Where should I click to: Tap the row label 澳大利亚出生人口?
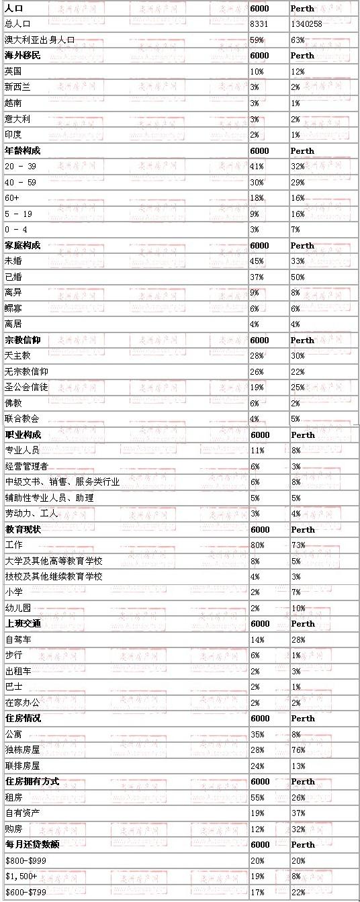(39, 40)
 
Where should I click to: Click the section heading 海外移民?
(22, 55)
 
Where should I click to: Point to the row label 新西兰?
(17, 87)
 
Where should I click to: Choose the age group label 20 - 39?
(21, 166)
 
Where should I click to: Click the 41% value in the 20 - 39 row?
(257, 166)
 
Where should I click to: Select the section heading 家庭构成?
(22, 245)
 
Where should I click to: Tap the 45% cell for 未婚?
(257, 261)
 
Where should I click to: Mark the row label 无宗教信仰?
(26, 371)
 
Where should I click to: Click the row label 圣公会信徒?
(26, 388)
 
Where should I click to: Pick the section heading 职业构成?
(23, 435)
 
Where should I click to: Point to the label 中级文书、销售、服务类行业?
(62, 482)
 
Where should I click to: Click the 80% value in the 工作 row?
(257, 545)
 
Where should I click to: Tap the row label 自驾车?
(17, 639)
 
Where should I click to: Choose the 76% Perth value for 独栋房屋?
(298, 750)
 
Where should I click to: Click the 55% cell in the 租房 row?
(257, 797)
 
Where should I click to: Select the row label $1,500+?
(18, 876)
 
